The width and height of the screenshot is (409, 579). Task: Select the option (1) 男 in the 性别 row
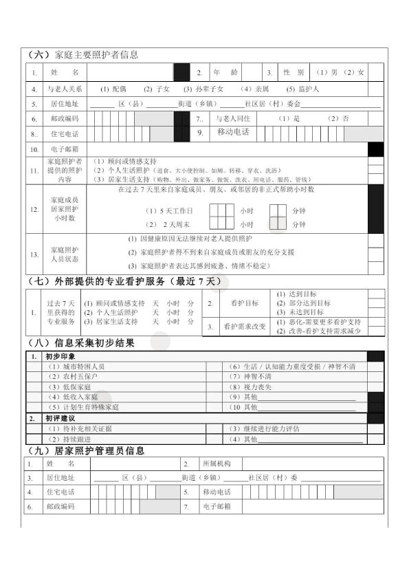point(327,72)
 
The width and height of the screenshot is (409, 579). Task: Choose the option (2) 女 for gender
point(355,72)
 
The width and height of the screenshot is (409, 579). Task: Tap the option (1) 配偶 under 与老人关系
point(113,89)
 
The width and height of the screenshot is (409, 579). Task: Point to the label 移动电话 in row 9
point(233,132)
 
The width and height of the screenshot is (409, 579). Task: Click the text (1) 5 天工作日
point(169,211)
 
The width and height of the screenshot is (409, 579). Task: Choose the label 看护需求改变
point(244,327)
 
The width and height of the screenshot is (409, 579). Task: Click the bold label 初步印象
point(59,357)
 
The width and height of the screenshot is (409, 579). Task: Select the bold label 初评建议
point(59,418)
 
